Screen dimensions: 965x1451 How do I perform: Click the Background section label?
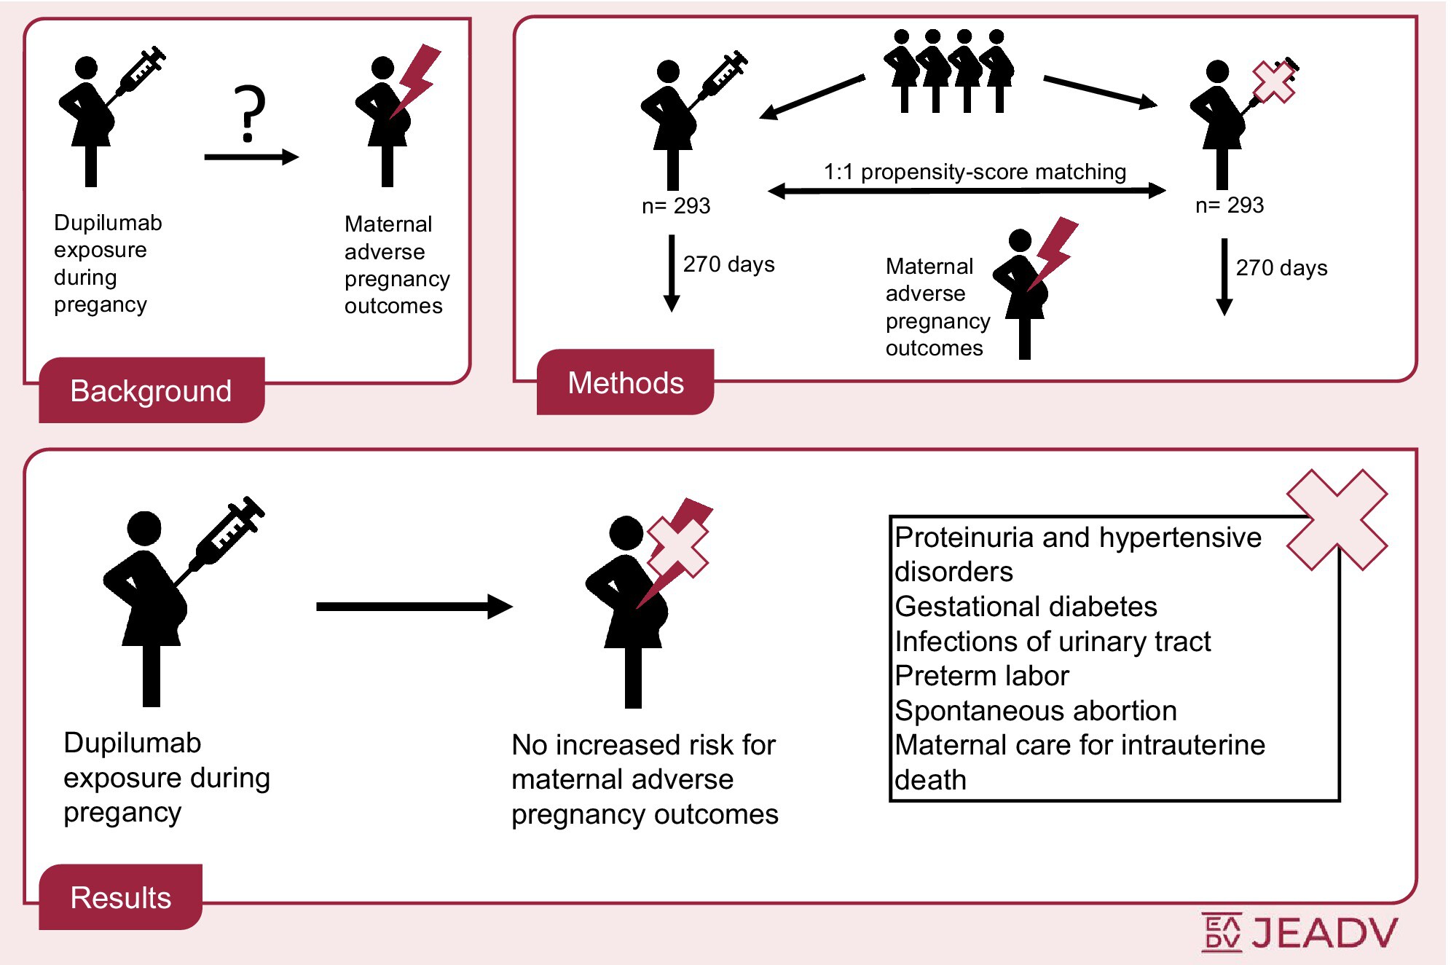151,391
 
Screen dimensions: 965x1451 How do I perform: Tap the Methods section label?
626,383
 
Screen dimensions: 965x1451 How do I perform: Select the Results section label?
121,898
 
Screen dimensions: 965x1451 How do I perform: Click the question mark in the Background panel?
249,113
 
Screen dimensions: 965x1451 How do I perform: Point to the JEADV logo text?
1324,933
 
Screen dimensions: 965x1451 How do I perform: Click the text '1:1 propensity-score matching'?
975,172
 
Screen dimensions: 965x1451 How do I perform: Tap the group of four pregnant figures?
948,71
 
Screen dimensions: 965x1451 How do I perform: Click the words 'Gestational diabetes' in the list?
1026,607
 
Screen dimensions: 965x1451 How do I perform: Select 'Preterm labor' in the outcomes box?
981,676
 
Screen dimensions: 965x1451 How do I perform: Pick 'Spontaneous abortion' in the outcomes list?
1035,711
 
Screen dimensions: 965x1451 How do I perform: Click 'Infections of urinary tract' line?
1052,642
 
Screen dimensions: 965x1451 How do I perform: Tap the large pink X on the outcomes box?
1337,519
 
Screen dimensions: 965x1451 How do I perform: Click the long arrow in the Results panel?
414,606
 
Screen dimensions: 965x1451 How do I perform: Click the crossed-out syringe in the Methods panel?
1273,82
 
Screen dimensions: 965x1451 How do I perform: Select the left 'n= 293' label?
675,206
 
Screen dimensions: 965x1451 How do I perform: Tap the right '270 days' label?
1281,268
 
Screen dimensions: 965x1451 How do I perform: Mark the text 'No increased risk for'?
643,745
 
